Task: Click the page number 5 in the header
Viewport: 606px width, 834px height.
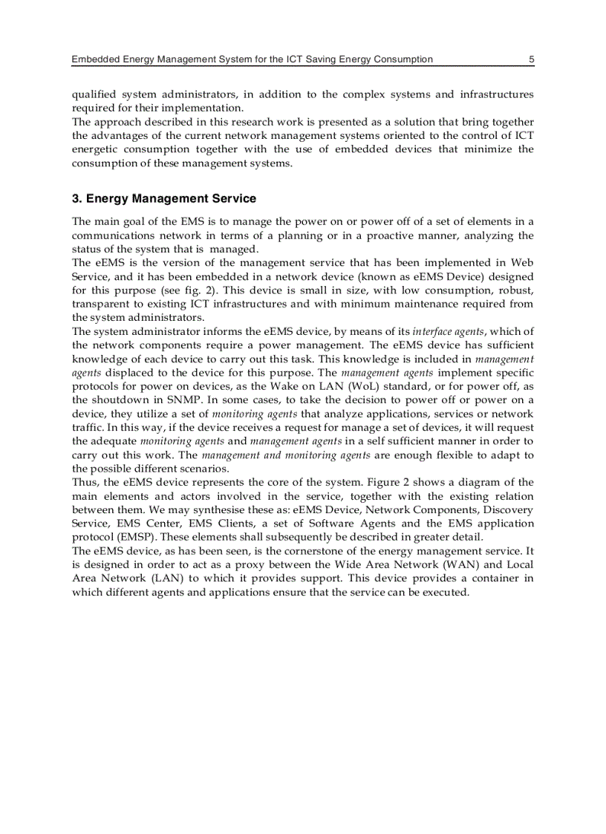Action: click(531, 59)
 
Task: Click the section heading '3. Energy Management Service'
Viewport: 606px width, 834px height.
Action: click(164, 198)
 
